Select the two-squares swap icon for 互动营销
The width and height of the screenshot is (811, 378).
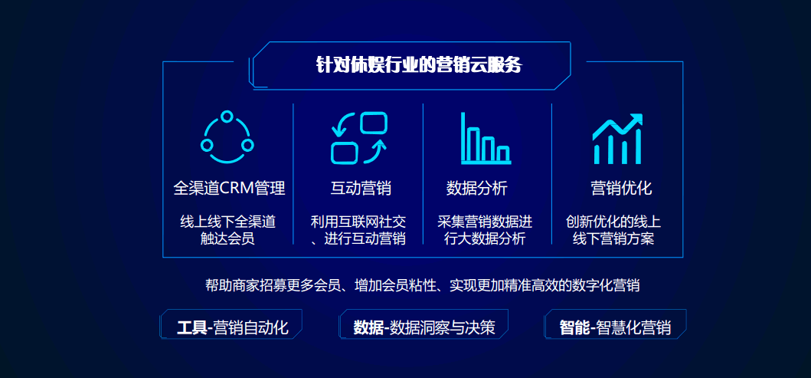(359, 138)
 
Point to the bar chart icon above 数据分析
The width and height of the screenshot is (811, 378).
(486, 138)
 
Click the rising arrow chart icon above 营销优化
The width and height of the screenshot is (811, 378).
(617, 139)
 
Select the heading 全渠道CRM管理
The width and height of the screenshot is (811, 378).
(229, 188)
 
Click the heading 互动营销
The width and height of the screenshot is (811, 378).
(361, 188)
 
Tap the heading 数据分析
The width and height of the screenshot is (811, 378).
(476, 188)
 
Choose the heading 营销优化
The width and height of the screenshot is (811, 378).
(621, 188)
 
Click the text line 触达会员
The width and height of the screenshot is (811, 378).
(227, 238)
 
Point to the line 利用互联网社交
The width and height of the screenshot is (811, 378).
(358, 222)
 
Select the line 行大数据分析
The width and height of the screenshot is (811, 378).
(485, 238)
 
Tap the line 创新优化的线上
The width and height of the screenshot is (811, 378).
(613, 222)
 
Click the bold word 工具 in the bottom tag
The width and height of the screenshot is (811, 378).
(191, 327)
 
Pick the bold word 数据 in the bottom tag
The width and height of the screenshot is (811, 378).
(369, 327)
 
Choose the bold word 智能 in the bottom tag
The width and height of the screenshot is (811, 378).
(574, 327)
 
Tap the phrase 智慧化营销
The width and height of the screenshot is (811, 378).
(633, 327)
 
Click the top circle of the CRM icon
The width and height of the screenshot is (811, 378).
(227, 117)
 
